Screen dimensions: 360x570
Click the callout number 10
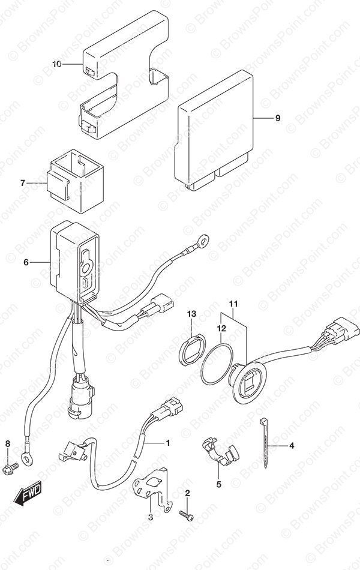point(57,64)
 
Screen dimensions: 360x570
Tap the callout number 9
point(278,118)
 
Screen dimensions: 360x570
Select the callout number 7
point(23,183)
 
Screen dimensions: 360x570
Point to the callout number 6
point(26,262)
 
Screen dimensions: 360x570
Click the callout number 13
point(191,314)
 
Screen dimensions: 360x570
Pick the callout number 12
point(221,329)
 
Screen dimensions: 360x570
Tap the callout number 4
point(291,445)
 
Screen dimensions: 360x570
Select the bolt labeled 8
point(11,467)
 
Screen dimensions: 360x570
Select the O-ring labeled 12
point(217,363)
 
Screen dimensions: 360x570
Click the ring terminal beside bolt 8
point(26,457)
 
